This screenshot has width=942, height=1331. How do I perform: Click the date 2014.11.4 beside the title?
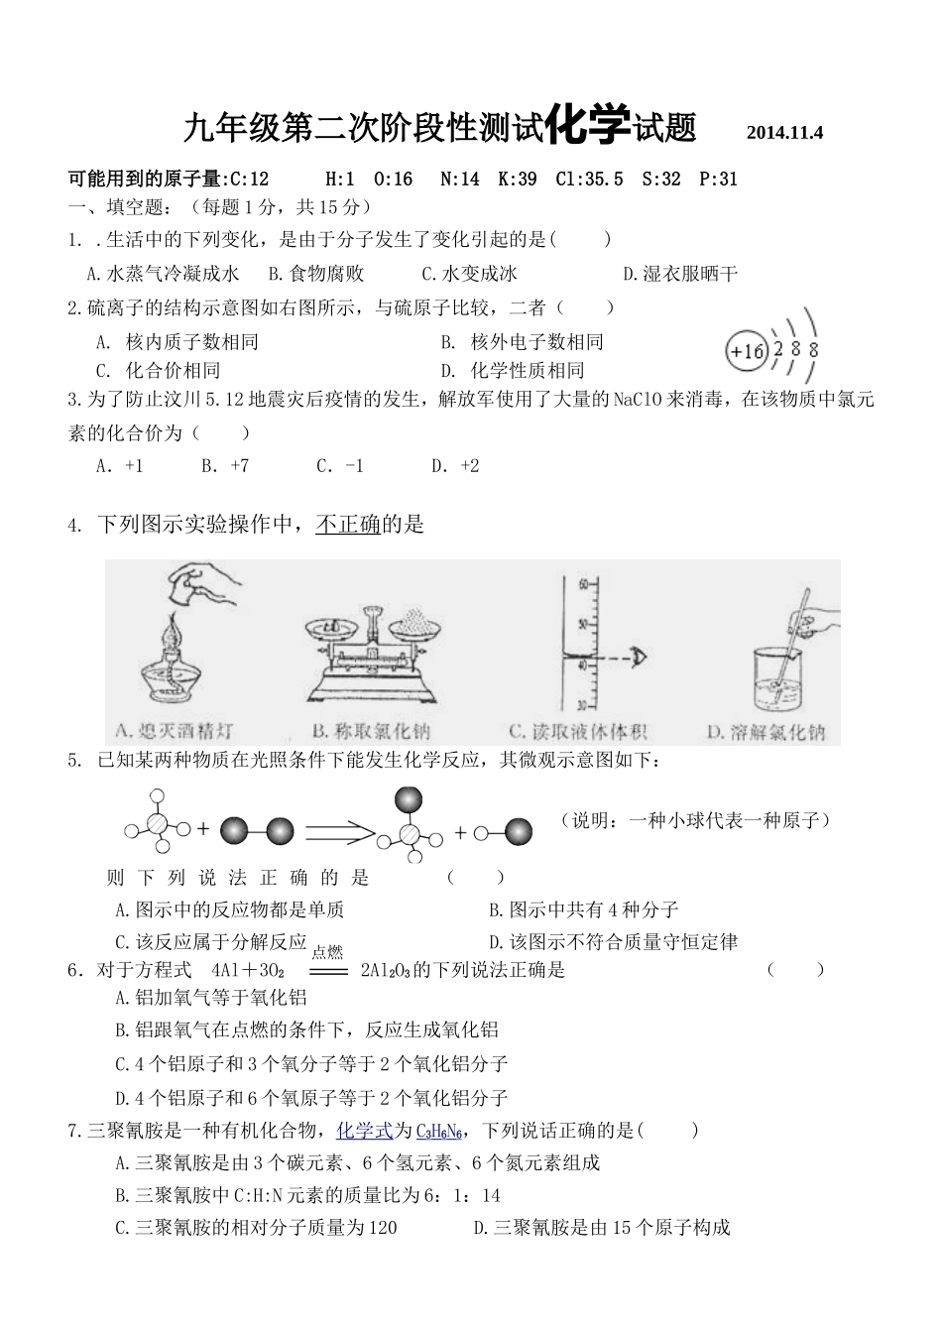(x=784, y=133)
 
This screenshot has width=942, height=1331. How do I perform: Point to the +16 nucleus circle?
(x=747, y=351)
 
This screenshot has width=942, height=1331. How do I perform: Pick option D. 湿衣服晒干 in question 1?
(x=680, y=274)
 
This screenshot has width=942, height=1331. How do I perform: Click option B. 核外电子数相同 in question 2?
(x=523, y=342)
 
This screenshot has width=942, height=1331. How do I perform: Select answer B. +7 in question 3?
(x=225, y=465)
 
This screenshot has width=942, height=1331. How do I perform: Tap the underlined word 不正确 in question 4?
(x=348, y=525)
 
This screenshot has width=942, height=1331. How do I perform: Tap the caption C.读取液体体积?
(x=578, y=732)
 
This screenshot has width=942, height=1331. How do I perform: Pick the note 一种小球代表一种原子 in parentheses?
(x=695, y=820)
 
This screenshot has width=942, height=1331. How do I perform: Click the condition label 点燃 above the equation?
(x=327, y=952)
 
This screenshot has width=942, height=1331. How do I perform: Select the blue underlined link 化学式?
(x=365, y=1131)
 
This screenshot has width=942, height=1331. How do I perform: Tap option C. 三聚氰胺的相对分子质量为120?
(x=256, y=1228)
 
